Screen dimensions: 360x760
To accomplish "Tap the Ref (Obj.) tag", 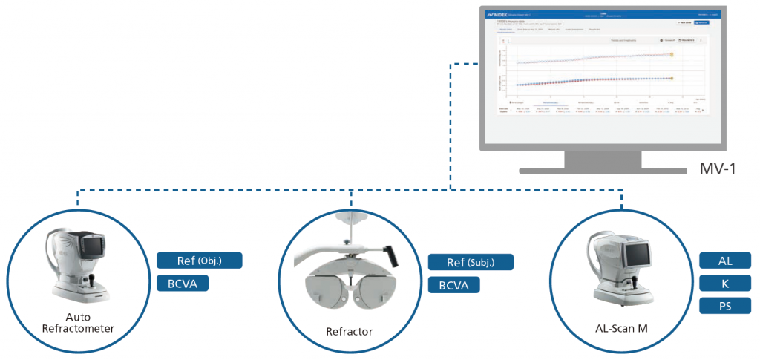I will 200,261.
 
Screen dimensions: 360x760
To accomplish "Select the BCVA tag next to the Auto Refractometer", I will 182,283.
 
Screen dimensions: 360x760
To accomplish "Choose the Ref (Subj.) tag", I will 471,262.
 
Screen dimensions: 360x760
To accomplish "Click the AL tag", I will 725,261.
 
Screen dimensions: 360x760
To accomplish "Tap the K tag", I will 725,283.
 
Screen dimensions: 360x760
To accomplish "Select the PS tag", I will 725,305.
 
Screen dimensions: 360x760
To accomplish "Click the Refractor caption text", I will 350,331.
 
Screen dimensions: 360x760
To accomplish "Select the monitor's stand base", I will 598,170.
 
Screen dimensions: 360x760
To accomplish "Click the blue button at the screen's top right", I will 701,24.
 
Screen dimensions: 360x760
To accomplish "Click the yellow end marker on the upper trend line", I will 672,54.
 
